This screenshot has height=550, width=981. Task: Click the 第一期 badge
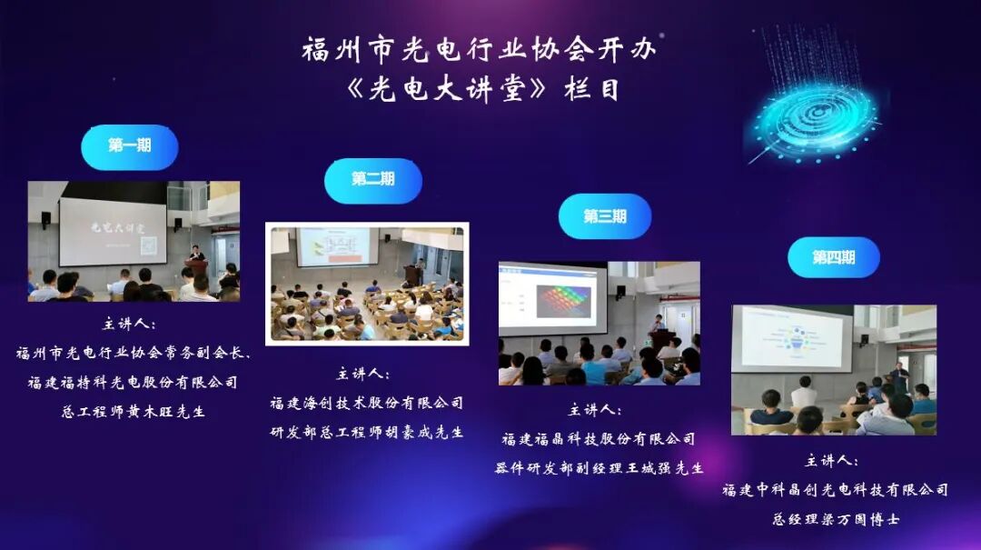pyautogui.click(x=129, y=146)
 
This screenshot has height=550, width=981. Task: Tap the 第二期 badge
pyautogui.click(x=372, y=180)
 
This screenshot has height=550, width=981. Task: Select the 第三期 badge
pyautogui.click(x=604, y=216)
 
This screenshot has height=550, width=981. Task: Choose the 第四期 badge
pyautogui.click(x=833, y=258)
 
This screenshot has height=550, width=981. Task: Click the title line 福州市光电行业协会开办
pyautogui.click(x=478, y=50)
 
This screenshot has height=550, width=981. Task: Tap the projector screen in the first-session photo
pyautogui.click(x=113, y=232)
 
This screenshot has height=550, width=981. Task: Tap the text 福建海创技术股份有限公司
pyautogui.click(x=366, y=403)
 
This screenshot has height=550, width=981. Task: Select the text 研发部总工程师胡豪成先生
pyautogui.click(x=366, y=432)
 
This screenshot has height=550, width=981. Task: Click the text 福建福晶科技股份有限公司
pyautogui.click(x=599, y=439)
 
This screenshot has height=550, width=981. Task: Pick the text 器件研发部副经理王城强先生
pyautogui.click(x=599, y=468)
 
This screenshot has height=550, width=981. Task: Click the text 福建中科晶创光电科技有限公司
pyautogui.click(x=835, y=490)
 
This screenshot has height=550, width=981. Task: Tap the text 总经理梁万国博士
pyautogui.click(x=835, y=520)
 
